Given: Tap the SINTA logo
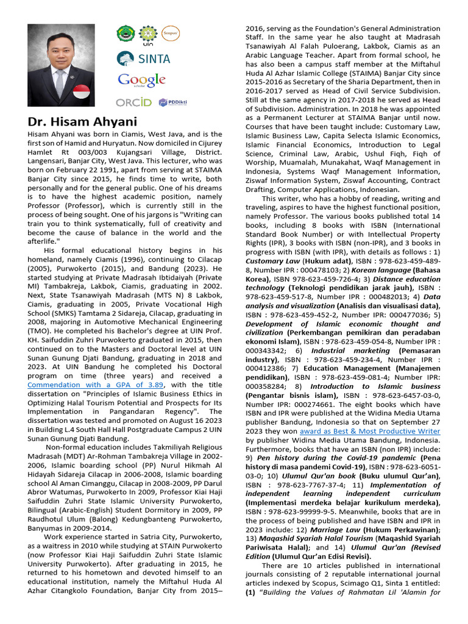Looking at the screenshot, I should tap(144, 58).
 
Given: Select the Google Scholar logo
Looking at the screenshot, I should tap(142, 80).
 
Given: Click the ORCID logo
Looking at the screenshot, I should tap(133, 102).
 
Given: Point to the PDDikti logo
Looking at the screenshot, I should tap(172, 102).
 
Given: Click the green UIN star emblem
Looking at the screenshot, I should tap(147, 34).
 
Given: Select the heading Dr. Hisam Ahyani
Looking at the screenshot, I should tap(82, 121).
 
